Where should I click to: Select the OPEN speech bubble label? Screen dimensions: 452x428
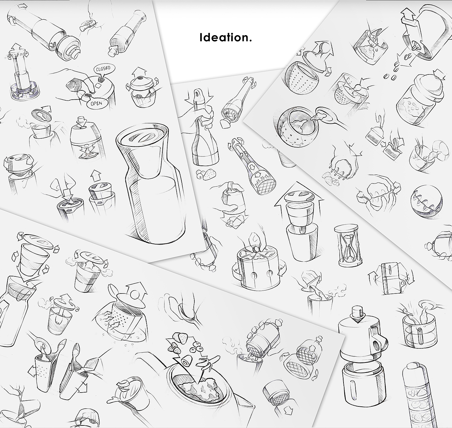point(96,104)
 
